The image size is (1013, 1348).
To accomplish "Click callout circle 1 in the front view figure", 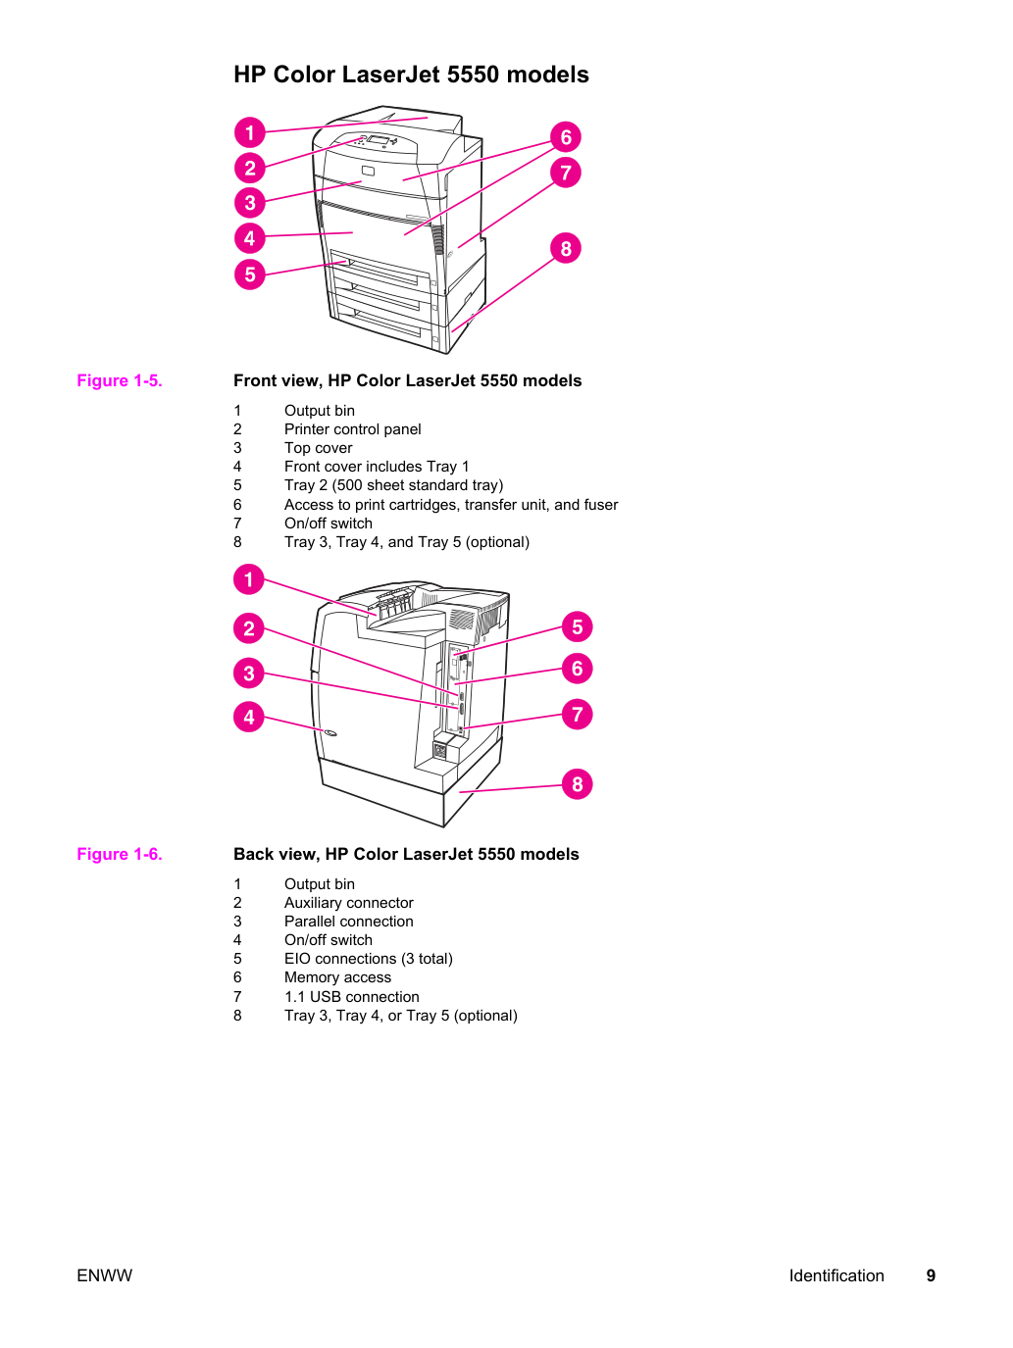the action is click(249, 132).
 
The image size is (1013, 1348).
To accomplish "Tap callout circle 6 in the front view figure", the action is click(565, 137).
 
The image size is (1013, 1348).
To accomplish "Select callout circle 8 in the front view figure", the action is click(565, 248).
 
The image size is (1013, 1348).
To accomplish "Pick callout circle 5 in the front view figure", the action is click(249, 274).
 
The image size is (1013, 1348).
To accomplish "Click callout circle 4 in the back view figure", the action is click(248, 717).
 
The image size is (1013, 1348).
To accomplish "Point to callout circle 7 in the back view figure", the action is click(577, 715).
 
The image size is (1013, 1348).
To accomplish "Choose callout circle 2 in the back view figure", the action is click(248, 628).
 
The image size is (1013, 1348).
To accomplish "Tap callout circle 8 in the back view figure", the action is click(577, 783).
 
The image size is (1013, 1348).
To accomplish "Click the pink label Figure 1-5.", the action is click(120, 380).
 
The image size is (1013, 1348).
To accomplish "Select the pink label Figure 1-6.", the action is click(120, 854).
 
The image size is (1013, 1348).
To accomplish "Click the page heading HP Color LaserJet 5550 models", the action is click(411, 75).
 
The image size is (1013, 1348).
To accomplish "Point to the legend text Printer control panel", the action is click(353, 429).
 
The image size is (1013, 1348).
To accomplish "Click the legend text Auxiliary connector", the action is click(348, 903).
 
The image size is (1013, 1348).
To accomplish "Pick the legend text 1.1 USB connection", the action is click(351, 997).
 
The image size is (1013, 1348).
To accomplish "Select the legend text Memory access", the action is click(337, 977).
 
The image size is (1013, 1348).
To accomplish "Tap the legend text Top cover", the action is click(318, 448).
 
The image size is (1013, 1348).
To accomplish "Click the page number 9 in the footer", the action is click(931, 1275).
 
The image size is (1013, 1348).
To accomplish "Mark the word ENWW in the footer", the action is click(104, 1275).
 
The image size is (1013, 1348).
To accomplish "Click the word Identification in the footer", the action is click(836, 1275).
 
